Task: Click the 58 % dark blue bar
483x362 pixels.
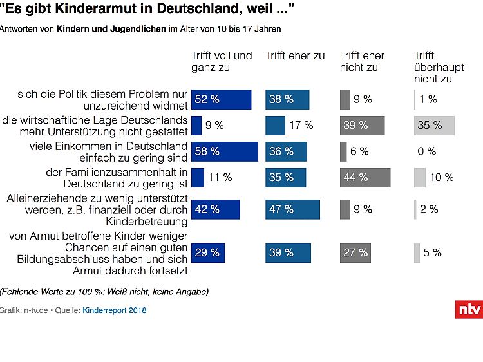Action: coord(224,151)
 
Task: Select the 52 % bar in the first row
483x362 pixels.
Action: coord(221,99)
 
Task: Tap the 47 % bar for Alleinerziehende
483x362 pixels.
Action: coord(292,209)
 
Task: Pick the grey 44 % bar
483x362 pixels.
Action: coord(365,177)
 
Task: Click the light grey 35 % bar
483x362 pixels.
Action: coord(434,126)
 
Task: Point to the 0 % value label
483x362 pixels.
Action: coord(427,151)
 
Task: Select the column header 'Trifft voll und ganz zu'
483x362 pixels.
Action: coord(222,61)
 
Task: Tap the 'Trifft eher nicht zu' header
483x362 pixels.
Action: coord(363,61)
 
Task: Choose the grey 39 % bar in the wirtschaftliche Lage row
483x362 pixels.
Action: coord(362,126)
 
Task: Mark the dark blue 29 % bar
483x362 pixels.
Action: coord(208,252)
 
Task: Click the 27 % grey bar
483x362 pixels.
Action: coord(355,252)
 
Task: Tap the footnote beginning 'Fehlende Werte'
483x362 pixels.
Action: coord(104,292)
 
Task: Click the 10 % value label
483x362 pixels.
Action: coord(441,177)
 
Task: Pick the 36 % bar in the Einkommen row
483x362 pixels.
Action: coord(286,151)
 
